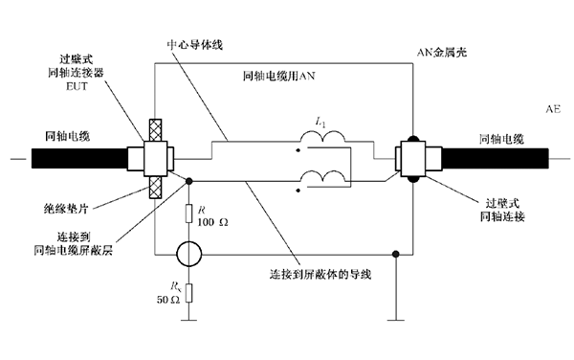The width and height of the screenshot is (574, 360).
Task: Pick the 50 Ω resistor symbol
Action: click(x=189, y=294)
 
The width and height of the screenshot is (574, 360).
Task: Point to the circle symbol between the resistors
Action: click(x=189, y=255)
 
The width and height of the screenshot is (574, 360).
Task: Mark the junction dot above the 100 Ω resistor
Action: click(x=189, y=180)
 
